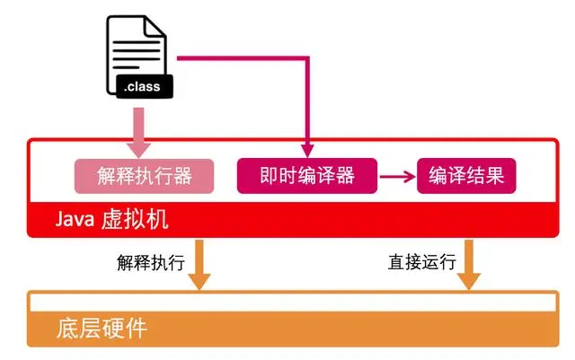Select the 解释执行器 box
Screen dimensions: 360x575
[x=144, y=175]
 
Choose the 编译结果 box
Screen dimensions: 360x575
[x=467, y=175]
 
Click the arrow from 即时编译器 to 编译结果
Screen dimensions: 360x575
[x=396, y=176]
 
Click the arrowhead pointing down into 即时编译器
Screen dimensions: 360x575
[x=307, y=149]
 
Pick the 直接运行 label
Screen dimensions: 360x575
[x=421, y=263]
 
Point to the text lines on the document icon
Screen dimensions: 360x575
[x=133, y=49]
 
